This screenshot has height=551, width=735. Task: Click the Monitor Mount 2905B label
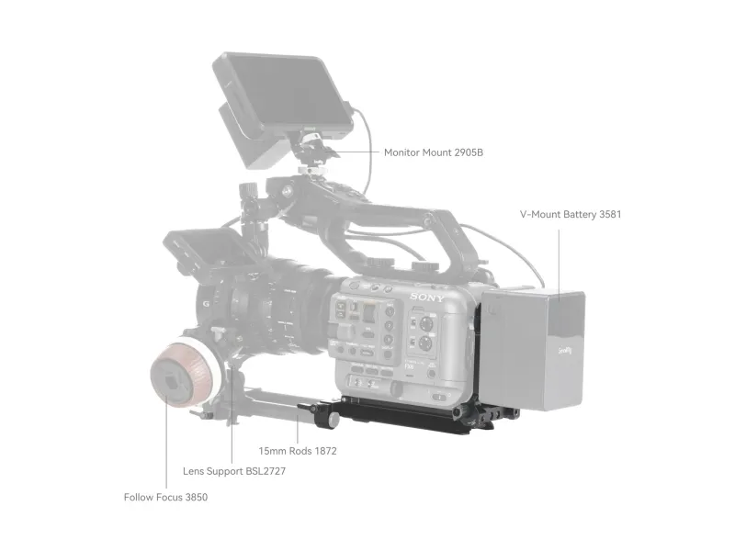[433, 152]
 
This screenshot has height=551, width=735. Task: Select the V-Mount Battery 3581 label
[571, 214]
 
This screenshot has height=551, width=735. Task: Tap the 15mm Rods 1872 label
[298, 451]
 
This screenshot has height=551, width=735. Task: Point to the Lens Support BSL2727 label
[234, 471]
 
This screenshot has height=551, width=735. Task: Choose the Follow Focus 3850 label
[165, 497]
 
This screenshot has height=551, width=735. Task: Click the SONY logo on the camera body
[426, 298]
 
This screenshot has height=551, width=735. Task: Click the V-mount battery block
[532, 349]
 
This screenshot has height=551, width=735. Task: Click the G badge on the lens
[206, 304]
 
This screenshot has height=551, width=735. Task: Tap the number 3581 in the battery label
[610, 214]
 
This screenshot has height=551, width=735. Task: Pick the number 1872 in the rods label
[325, 451]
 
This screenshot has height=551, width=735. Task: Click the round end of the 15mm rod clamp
[334, 420]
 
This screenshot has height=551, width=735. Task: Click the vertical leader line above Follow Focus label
[166, 445]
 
